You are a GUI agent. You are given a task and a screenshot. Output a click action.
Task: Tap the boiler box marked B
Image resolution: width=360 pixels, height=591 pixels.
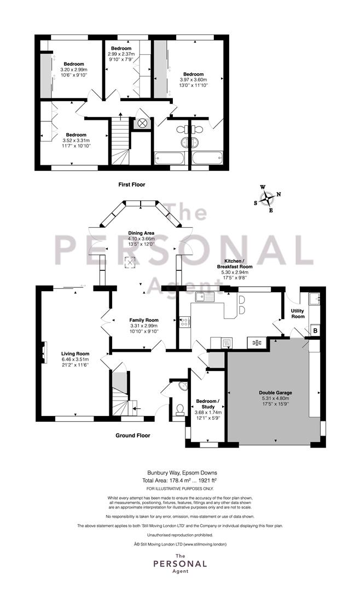pos(316,331)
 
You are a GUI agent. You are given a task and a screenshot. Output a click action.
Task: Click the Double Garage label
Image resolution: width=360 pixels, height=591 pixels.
pos(275,392)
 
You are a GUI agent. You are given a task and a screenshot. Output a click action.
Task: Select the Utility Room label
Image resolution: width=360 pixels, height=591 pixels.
pos(298,314)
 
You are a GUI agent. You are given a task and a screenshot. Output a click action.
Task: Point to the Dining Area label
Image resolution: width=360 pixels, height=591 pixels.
pos(141,233)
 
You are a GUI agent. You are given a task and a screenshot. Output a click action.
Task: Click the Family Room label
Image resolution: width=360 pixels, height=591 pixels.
pos(144,320)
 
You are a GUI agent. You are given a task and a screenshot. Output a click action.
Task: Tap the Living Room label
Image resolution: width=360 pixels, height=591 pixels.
pos(76,354)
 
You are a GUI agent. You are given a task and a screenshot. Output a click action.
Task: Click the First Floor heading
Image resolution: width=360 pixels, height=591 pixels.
pos(131,184)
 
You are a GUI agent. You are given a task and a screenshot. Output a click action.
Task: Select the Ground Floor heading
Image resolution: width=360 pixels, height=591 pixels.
pos(133,436)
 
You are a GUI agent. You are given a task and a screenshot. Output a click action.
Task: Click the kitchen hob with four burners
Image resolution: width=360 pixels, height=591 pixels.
pos(185,322)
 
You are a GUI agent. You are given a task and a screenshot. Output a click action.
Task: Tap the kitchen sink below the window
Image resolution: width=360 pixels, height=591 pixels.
pos(204,297)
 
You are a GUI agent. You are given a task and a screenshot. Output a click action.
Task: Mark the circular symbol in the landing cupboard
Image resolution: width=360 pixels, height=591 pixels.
pos(142,123)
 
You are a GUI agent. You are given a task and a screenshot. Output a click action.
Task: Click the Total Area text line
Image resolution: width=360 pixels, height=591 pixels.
pos(179,480)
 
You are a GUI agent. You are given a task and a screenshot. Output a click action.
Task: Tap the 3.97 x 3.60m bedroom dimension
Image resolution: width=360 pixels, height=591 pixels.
pos(193,79)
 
